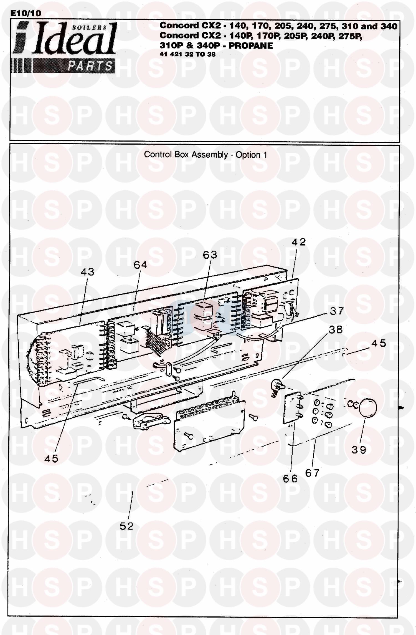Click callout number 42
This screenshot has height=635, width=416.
[x=298, y=242]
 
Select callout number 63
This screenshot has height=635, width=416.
[x=210, y=255]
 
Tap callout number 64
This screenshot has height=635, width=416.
[x=140, y=265]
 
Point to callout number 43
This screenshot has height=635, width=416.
[x=87, y=272]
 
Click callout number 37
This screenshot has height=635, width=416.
[x=337, y=311]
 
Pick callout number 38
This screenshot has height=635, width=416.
[x=336, y=330]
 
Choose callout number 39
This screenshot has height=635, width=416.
[x=359, y=450]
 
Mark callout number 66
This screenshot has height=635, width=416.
[x=290, y=478]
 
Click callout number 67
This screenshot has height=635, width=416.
[x=312, y=473]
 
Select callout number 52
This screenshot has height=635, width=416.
[x=126, y=526]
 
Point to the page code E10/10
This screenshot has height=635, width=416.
[x=26, y=13]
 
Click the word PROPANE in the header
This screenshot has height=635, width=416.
[x=251, y=46]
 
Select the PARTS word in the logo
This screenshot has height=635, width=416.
[x=90, y=66]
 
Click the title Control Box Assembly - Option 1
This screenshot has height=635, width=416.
[x=206, y=155]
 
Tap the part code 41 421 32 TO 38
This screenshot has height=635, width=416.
[x=187, y=54]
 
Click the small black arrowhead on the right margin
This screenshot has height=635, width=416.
[x=401, y=408]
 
